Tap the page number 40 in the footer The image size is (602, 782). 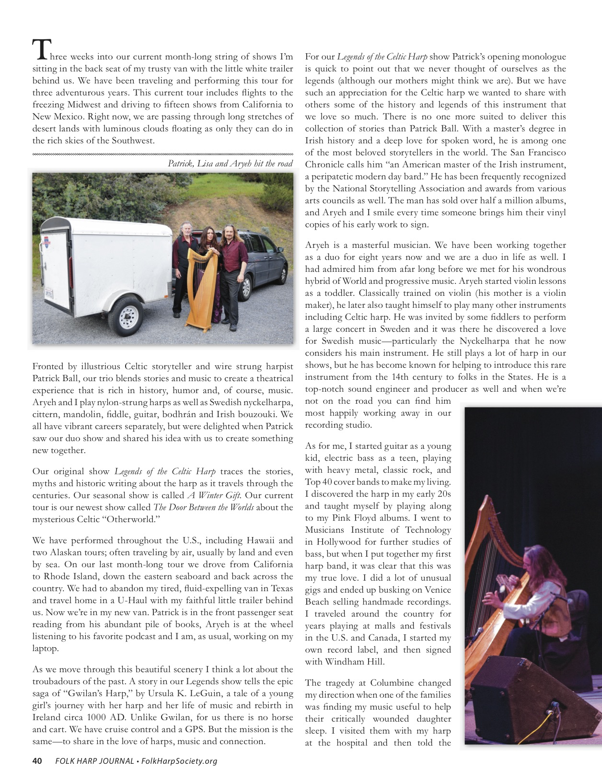coord(37,761)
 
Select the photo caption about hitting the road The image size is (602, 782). coord(230,163)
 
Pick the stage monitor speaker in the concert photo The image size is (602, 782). coord(532,700)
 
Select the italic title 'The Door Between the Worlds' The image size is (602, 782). coord(203,507)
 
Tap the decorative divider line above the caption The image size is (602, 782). coord(162,154)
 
